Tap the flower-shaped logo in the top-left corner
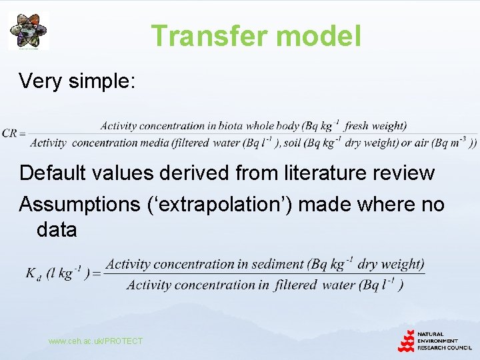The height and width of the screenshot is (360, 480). (x=29, y=31)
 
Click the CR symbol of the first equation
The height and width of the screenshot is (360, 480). (x=10, y=133)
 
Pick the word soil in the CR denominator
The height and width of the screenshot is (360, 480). (x=296, y=142)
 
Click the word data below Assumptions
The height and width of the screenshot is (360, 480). (x=57, y=230)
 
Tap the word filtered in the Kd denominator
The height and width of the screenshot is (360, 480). (x=295, y=285)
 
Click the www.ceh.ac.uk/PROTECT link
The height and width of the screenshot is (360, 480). (x=95, y=341)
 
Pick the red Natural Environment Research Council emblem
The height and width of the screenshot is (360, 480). (x=406, y=340)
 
